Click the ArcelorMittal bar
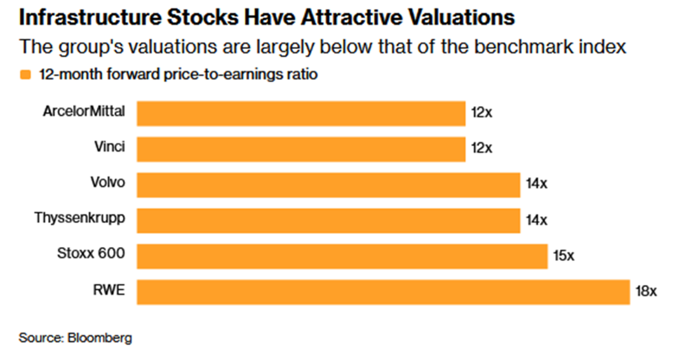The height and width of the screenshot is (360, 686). tap(301, 114)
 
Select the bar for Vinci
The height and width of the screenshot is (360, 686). tap(301, 149)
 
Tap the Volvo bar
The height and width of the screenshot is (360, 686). tap(328, 185)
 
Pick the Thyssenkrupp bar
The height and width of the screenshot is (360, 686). tap(328, 220)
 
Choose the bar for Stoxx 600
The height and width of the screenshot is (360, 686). tap(342, 257)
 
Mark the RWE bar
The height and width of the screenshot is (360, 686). tap(383, 292)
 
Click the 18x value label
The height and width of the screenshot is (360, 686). tap(646, 291)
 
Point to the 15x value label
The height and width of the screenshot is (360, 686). tap(563, 255)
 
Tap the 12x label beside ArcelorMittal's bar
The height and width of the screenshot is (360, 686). tap(481, 113)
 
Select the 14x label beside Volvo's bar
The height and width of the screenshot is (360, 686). tap(536, 183)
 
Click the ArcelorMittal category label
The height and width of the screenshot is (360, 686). tap(84, 112)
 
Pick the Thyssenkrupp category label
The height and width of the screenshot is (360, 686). tap(80, 218)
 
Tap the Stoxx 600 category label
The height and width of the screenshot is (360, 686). tap(91, 253)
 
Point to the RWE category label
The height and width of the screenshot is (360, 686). tap(109, 290)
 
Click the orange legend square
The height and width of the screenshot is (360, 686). tap(25, 75)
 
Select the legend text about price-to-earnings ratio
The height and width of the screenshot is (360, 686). tap(178, 74)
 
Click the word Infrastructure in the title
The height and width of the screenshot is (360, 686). tap(90, 18)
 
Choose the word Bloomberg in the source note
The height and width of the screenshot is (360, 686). tap(100, 338)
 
